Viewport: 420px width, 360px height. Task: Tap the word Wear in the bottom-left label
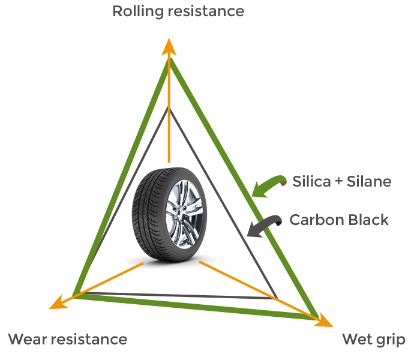[27, 340]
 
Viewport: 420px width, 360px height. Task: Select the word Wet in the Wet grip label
[358, 340]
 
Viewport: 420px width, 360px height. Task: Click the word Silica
[311, 181]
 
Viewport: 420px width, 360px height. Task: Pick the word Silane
[370, 181]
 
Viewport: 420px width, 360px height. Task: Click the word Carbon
[314, 220]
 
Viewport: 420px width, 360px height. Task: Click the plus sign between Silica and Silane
[339, 182]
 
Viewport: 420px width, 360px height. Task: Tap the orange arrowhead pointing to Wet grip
[325, 320]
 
